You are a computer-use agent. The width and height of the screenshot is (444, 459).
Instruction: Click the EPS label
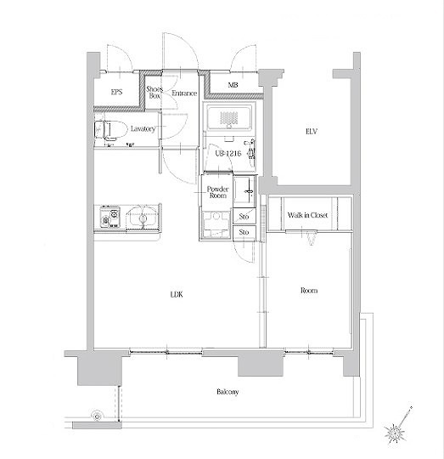point(115,92)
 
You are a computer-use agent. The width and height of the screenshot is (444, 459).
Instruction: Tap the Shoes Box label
point(154,92)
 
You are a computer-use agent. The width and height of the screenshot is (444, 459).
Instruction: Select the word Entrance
point(184,92)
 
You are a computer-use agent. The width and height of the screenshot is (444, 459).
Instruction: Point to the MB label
point(233,84)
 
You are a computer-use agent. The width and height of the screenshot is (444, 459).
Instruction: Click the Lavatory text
point(143,129)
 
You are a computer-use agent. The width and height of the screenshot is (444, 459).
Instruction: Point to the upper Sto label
point(244,217)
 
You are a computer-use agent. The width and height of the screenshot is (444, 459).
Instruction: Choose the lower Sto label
point(244,231)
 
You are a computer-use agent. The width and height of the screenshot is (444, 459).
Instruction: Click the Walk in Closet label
point(307,215)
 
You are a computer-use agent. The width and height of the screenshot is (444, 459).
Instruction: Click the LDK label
point(177,295)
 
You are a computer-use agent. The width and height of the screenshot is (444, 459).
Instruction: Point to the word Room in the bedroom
point(309,291)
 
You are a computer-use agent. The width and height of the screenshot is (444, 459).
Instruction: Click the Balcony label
point(227,392)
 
